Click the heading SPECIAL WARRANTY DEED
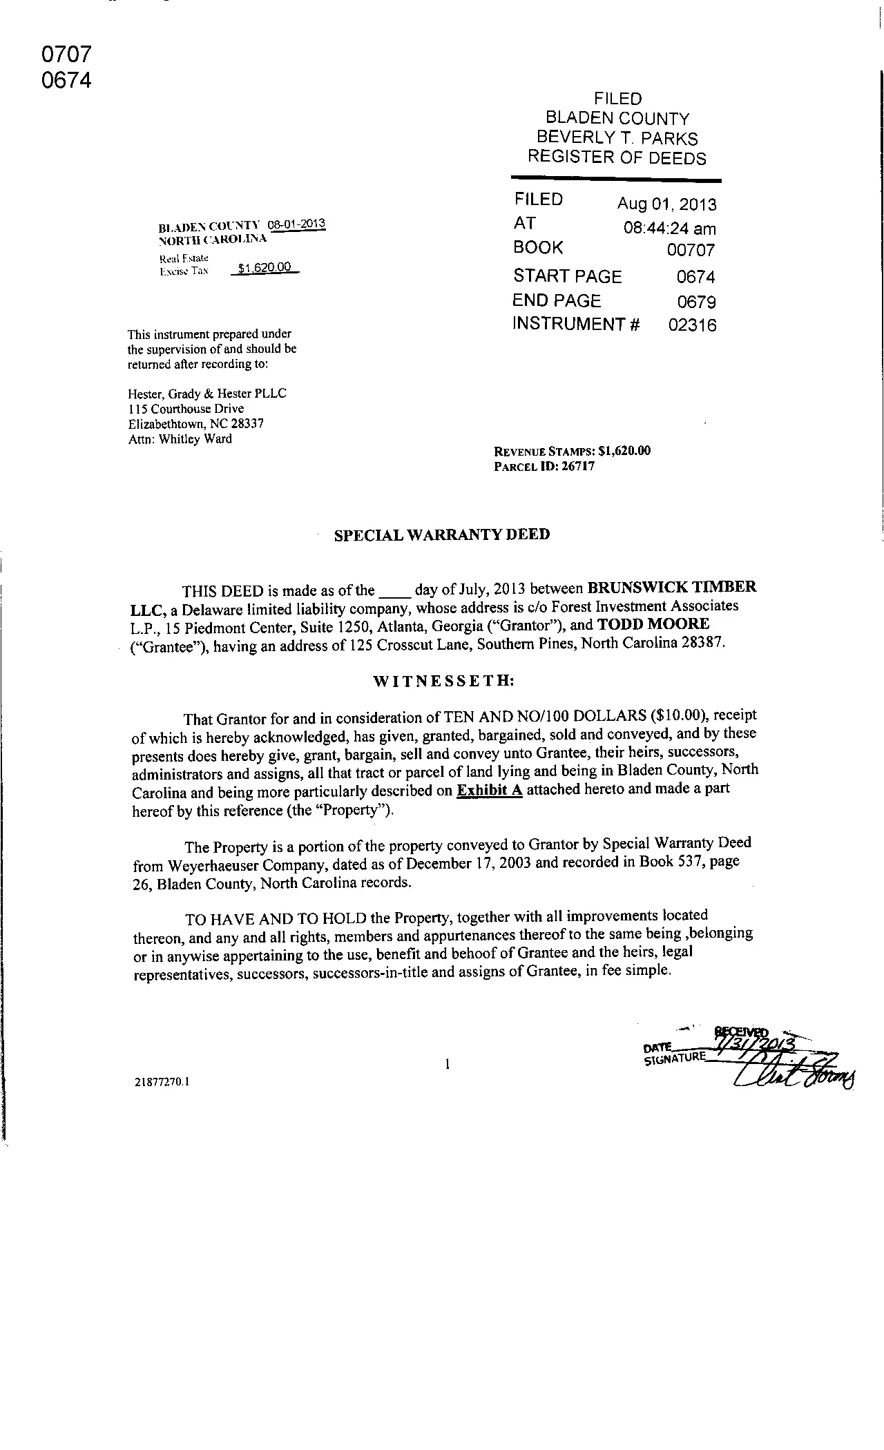pos(442,535)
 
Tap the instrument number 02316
pos(692,325)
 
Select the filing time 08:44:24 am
pos(669,229)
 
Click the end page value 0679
pos(696,302)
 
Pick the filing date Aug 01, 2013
pos(666,204)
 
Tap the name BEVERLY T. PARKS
pos(617,138)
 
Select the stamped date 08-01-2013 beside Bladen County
pos(296,224)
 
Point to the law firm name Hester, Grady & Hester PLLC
pos(207,394)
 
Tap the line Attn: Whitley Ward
pos(180,439)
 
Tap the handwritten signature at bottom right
pos(794,1074)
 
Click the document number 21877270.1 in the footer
pos(163,1082)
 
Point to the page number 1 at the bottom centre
pos(448,1064)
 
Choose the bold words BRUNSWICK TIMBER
pos(671,588)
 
